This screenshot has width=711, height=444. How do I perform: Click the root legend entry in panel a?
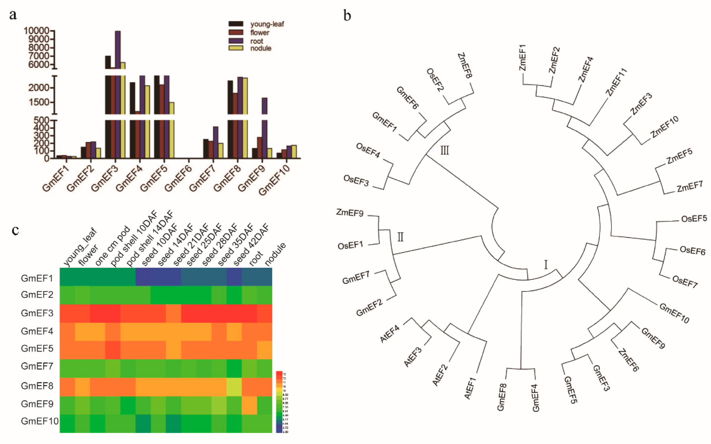[256, 41]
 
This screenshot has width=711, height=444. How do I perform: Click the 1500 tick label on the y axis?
[39, 102]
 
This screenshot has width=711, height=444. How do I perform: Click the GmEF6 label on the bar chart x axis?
[178, 178]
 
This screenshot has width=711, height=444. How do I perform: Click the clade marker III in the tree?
[444, 151]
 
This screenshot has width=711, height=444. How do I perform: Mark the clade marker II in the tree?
[400, 237]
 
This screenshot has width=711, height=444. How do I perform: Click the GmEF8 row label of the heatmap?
[37, 386]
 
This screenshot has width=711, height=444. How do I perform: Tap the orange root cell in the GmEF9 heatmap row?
[249, 405]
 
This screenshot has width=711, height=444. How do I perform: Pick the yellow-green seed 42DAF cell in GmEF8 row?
[234, 387]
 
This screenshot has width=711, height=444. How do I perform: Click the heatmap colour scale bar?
[279, 402]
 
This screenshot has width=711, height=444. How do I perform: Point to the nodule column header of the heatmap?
[275, 254]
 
